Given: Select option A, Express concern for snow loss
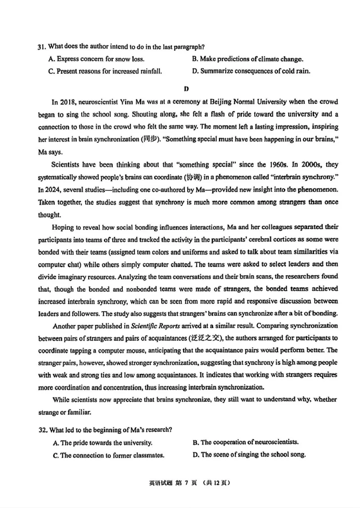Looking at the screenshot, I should coord(99,59).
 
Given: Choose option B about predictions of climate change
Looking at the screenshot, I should coord(247,59).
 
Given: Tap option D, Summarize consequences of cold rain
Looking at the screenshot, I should coord(251,71).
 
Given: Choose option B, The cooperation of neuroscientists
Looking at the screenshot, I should coord(246,442).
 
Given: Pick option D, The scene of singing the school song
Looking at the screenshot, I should coord(249,455).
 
